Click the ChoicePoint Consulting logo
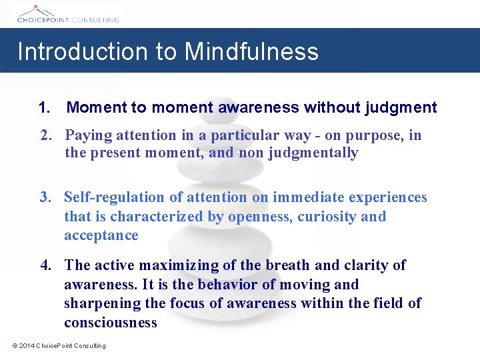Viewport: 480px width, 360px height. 67,14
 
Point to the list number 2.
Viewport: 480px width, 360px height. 45,136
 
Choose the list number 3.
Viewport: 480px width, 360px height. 45,197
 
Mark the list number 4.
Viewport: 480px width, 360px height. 45,265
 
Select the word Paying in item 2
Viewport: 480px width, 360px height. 89,136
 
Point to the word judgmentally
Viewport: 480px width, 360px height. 313,153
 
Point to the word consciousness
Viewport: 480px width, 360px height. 110,323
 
